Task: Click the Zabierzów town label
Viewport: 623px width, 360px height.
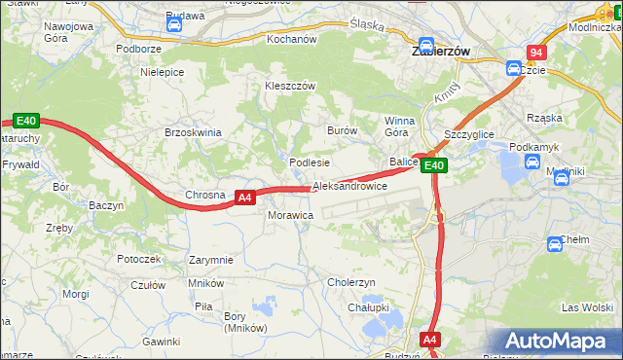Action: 442,50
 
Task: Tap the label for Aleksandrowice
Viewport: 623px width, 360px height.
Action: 349,186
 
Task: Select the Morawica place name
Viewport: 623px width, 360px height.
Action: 290,214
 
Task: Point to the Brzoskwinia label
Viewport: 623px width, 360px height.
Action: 194,132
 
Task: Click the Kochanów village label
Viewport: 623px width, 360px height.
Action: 292,40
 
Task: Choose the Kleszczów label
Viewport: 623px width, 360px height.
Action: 291,86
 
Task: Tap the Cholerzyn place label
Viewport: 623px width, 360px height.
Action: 351,282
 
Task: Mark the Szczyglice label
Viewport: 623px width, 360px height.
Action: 469,133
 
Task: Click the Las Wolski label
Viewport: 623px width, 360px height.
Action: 586,307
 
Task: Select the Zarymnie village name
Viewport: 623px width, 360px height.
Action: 211,260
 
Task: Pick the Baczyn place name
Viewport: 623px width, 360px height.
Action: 105,206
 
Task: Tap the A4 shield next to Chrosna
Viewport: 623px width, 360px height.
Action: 245,197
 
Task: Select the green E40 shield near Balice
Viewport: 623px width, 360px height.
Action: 434,166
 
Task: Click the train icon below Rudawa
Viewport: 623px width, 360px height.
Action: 175,26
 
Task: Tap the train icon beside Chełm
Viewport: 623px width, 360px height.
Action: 555,243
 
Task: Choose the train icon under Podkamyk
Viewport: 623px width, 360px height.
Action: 531,162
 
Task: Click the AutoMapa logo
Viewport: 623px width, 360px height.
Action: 561,342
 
